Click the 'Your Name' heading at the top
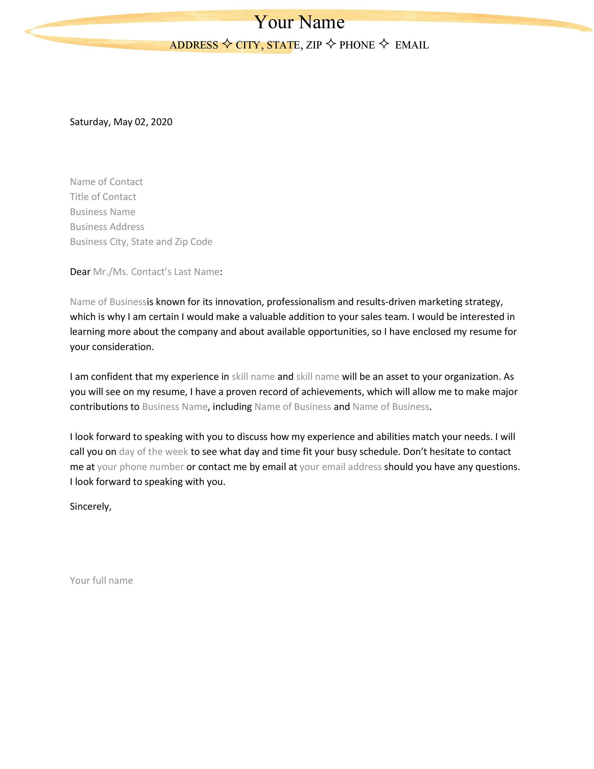coord(299,22)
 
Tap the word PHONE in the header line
coord(357,45)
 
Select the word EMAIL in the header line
coord(412,45)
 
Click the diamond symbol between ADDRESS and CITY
coord(227,44)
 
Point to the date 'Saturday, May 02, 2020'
coord(121,122)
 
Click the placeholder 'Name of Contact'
coord(106,182)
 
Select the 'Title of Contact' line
coord(103,197)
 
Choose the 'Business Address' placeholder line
coord(107,227)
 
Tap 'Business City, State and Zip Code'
coord(141,241)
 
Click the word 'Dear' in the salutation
coord(80,272)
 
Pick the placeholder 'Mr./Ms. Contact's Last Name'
coord(156,272)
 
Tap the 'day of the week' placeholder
coord(153,452)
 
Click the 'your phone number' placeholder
coord(141,467)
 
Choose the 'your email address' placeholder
coord(340,467)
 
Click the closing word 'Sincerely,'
coord(90,506)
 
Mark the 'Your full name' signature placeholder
coord(101,580)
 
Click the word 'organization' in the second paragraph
coord(472,377)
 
